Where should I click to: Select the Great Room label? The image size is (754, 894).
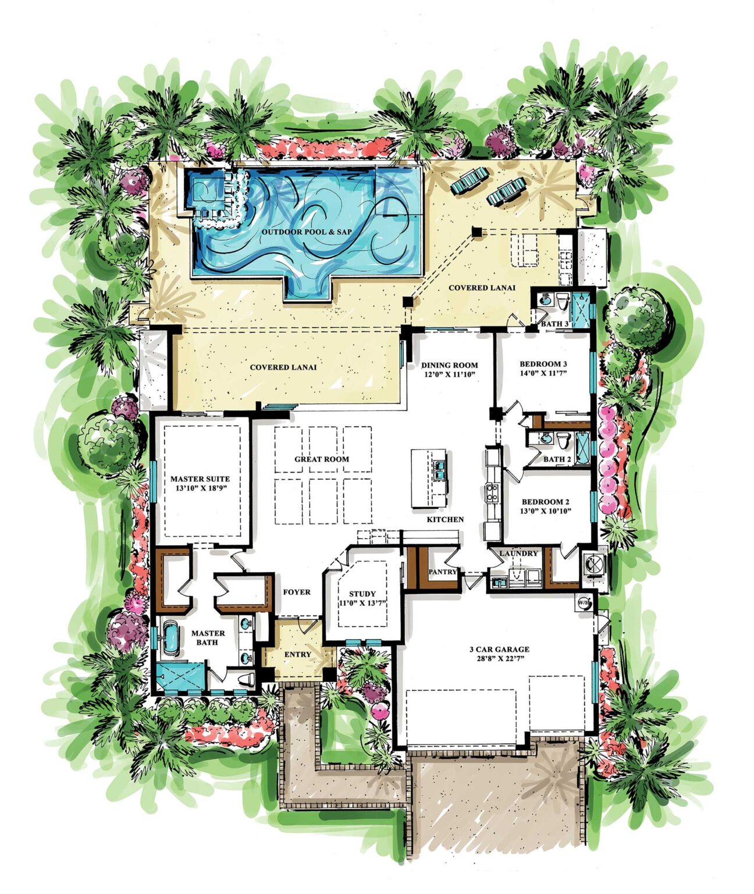click(322, 459)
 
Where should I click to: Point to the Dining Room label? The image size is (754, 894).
click(450, 365)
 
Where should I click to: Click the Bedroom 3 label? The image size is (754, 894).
click(543, 365)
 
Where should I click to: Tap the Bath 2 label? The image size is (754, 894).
click(557, 459)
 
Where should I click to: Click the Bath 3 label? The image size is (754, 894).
click(555, 324)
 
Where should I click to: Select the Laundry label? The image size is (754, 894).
click(518, 553)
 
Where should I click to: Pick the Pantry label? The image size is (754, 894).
click(443, 572)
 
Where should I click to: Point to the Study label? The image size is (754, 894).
click(362, 594)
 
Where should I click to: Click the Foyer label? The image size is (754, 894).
click(297, 592)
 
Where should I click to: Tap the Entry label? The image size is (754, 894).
click(298, 654)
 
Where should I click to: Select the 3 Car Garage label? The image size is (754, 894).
click(499, 649)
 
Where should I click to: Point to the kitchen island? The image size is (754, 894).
click(429, 478)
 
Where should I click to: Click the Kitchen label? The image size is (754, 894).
click(446, 519)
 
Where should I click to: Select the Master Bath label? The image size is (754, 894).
click(208, 637)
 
